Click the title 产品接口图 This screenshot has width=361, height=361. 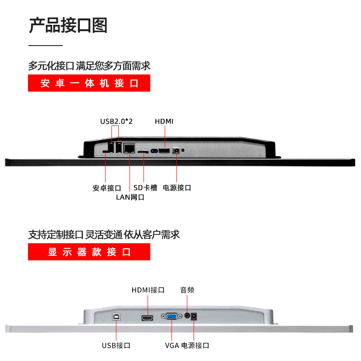point(68,25)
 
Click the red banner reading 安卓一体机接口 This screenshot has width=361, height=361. point(89,83)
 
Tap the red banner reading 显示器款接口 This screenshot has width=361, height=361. point(89,252)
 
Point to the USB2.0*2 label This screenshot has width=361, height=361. point(116,121)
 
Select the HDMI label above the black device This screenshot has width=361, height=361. point(164,121)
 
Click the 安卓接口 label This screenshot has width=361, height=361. point(107,188)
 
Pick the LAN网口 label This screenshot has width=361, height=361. point(130,197)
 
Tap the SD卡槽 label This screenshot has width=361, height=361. point(146,188)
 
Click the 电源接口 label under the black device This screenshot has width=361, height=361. point(177,188)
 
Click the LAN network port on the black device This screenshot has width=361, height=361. point(130,148)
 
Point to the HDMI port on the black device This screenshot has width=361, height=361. point(164,150)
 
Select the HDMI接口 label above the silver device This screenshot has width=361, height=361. point(148,290)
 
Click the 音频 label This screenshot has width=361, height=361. point(187,290)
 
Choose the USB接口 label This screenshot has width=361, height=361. point(116,346)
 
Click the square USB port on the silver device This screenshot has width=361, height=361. point(116,317)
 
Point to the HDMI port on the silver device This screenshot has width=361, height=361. point(147,318)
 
